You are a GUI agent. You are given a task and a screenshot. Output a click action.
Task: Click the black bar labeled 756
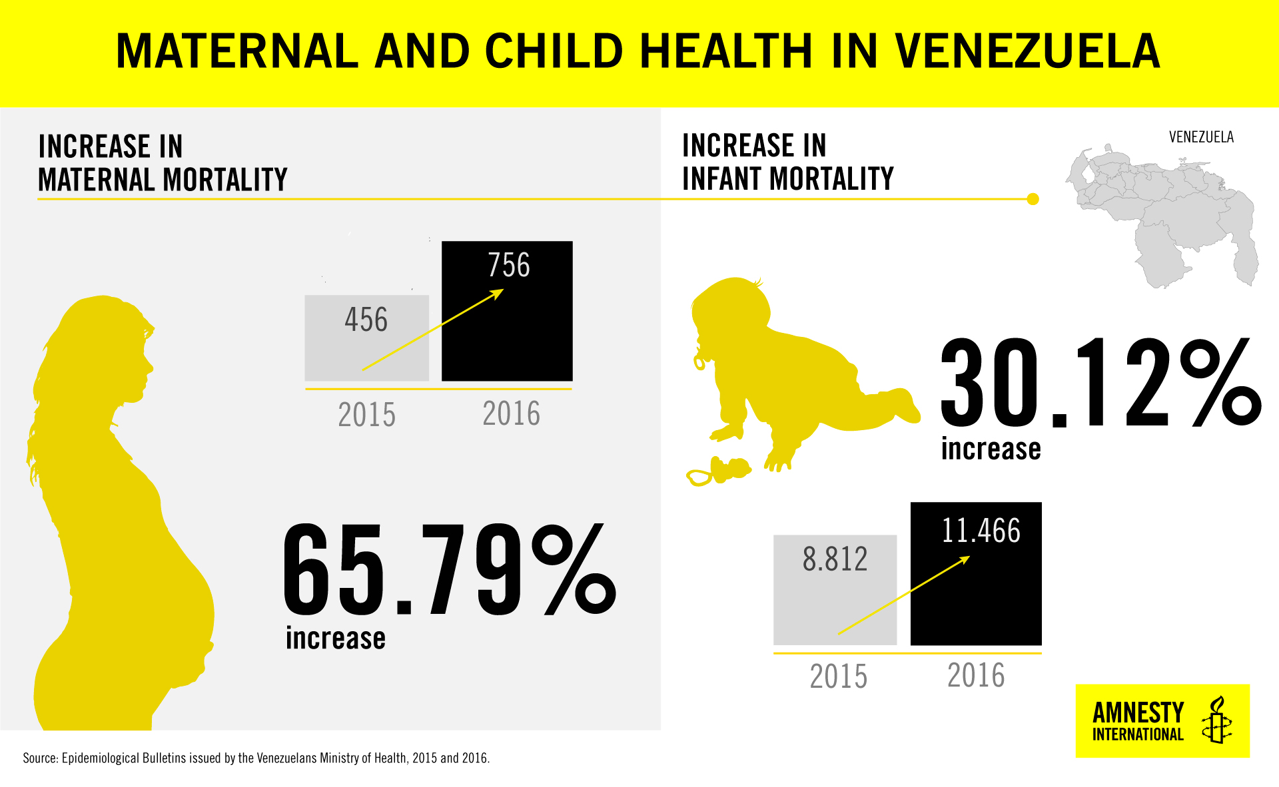[507, 311]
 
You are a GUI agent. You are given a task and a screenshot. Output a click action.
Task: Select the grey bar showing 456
[366, 338]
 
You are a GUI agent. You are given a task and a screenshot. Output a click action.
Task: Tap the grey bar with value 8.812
[835, 590]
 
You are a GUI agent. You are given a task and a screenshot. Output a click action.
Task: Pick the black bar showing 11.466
[976, 574]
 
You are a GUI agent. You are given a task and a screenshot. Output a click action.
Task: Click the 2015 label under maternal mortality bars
[366, 415]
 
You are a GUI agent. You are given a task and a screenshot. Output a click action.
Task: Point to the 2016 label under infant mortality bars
[976, 675]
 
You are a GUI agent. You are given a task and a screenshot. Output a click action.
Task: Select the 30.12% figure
[1100, 383]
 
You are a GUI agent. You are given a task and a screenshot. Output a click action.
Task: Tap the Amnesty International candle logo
[1216, 720]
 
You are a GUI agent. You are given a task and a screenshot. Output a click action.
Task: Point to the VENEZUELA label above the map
[1201, 137]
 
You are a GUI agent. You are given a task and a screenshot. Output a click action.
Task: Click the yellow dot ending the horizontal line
[1033, 199]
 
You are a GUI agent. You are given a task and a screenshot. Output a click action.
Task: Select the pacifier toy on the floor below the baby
[718, 471]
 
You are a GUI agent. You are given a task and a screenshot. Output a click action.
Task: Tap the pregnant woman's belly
[180, 599]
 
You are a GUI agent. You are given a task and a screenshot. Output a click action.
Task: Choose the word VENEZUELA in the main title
[1027, 51]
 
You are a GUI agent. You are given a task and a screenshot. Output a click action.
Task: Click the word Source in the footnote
[40, 758]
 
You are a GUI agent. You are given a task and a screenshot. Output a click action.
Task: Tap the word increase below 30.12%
[991, 449]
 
